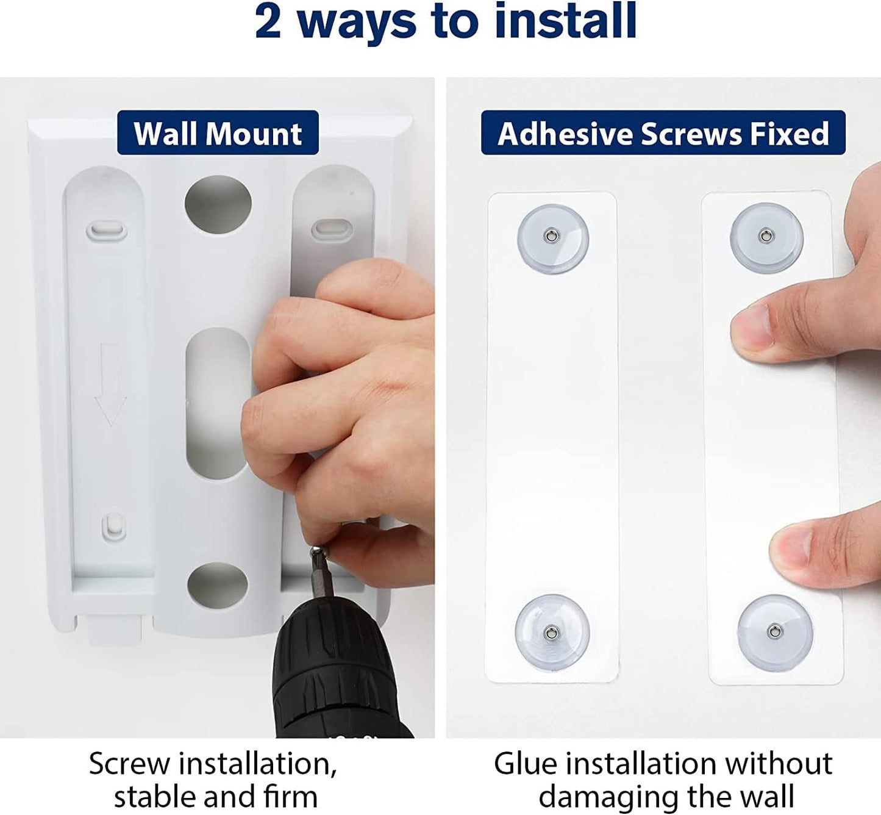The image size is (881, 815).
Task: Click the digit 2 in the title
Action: pyautogui.click(x=268, y=21)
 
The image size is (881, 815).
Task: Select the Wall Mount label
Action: pyautogui.click(x=218, y=133)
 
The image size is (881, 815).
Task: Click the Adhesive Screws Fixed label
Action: pyautogui.click(x=663, y=133)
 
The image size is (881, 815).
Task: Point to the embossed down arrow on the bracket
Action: pyautogui.click(x=110, y=384)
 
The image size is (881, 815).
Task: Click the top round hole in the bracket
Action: pyautogui.click(x=218, y=204)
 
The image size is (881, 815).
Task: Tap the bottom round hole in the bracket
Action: pyautogui.click(x=218, y=586)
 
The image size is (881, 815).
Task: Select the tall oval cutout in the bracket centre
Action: pyautogui.click(x=218, y=403)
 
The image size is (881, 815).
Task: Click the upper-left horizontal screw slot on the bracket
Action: pyautogui.click(x=107, y=231)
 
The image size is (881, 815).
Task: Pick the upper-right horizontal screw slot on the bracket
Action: pyautogui.click(x=332, y=229)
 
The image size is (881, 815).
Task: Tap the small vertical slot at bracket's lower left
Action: pyautogui.click(x=114, y=527)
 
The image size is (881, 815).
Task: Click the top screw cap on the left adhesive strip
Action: pyautogui.click(x=553, y=239)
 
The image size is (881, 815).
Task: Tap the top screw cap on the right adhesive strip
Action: pyautogui.click(x=766, y=237)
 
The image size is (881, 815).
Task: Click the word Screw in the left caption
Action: pyautogui.click(x=129, y=764)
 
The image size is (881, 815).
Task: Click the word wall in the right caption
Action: pyautogui.click(x=768, y=796)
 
